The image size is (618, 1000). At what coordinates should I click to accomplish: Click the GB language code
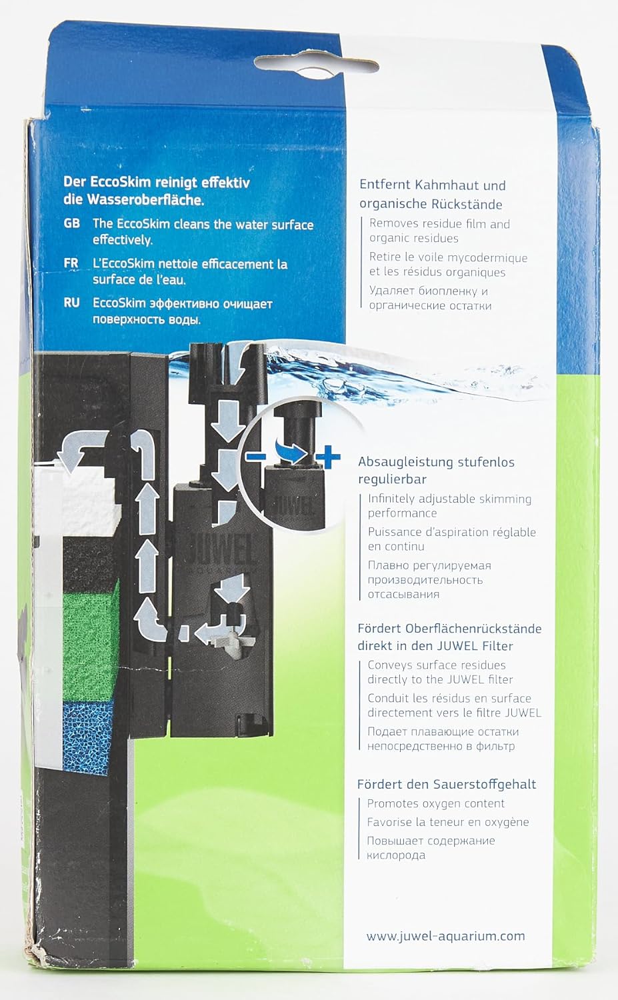tap(72, 223)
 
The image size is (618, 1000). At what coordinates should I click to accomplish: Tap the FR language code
tap(71, 263)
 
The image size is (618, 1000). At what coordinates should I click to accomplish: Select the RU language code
tap(71, 303)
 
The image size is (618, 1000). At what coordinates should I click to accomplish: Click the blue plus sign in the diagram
tap(328, 458)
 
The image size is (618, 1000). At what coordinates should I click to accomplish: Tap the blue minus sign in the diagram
tap(256, 457)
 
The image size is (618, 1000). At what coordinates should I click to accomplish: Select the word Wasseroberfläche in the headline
tap(145, 199)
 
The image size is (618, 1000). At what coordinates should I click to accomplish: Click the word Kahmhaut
tap(449, 185)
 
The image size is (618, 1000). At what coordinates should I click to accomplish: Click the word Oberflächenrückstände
tap(473, 629)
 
